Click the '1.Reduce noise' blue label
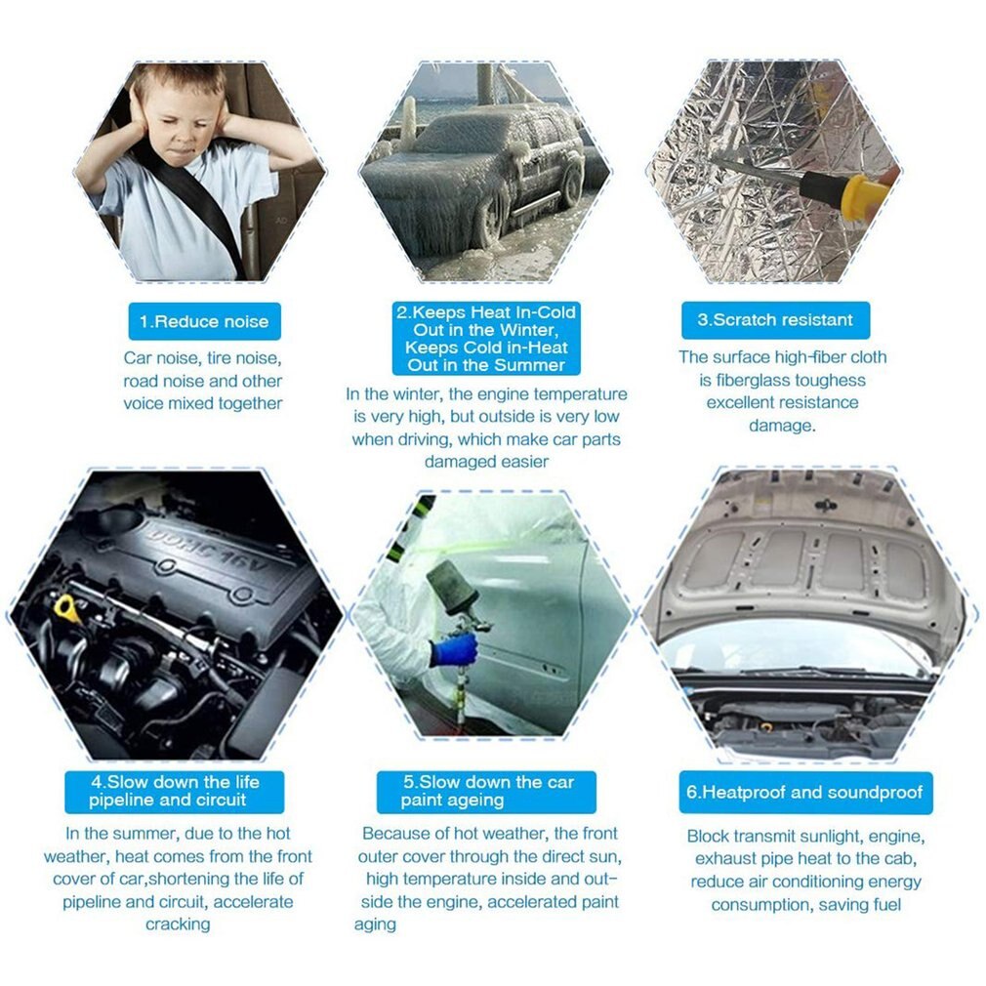pos(203,321)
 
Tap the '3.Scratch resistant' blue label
pos(775,320)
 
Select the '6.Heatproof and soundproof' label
pos(805,792)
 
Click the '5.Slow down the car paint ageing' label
pos(486,792)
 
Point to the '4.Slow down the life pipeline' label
pos(174,792)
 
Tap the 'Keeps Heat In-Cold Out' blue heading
pos(486,339)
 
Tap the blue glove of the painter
pos(456,649)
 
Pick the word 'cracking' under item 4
pos(178,924)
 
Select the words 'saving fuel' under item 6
pos(859,905)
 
